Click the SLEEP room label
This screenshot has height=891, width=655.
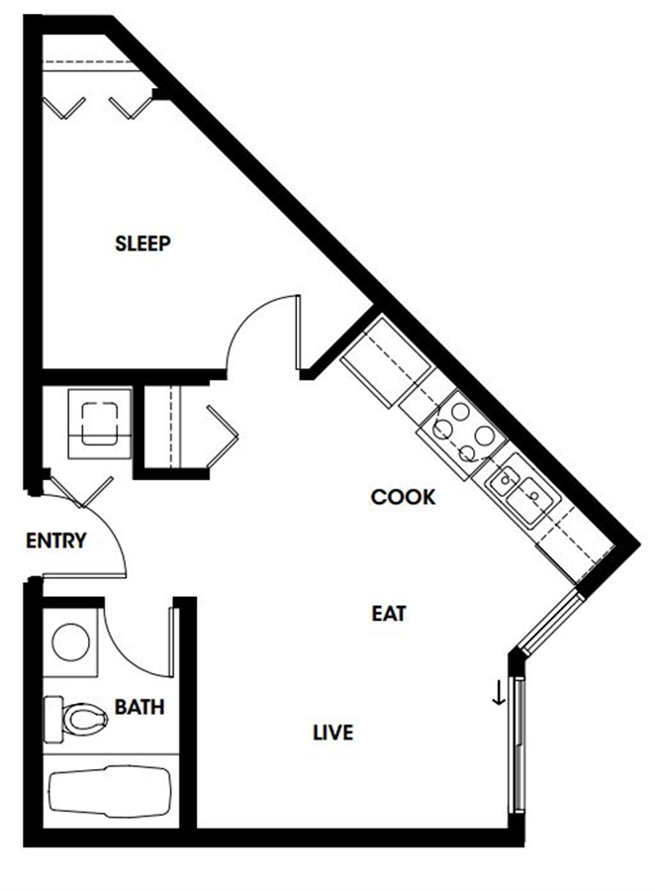[142, 244]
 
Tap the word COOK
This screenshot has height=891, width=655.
[403, 497]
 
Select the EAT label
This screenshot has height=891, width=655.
[389, 614]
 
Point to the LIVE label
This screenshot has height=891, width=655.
[332, 733]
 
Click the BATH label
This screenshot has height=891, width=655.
[140, 707]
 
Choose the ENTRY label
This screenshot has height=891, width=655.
[55, 541]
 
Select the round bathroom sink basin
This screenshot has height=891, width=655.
[70, 643]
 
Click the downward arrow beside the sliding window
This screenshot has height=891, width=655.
[499, 693]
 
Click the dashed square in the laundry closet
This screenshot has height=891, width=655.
[100, 423]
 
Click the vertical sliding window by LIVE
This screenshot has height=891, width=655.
[518, 744]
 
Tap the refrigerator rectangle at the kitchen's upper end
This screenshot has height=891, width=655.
[385, 362]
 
